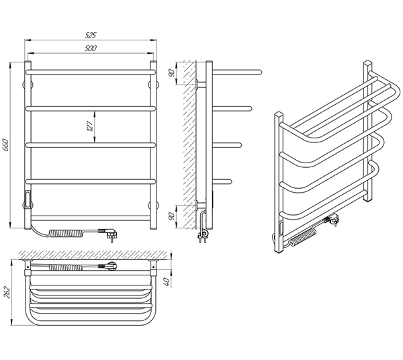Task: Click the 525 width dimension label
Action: (x=91, y=35)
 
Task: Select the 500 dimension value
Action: (x=91, y=48)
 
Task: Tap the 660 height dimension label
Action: (x=6, y=145)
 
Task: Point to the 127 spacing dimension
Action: (x=90, y=126)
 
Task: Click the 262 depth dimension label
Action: (x=7, y=292)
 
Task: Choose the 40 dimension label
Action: (x=167, y=282)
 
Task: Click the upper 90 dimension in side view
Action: (x=172, y=73)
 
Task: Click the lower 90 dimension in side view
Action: (x=172, y=216)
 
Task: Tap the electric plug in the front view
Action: (x=109, y=235)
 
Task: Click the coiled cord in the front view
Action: (x=66, y=233)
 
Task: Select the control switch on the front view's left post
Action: (x=28, y=197)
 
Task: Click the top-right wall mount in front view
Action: (x=153, y=84)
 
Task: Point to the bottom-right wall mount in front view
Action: (x=153, y=205)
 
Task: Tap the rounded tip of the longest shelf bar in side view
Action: (x=260, y=72)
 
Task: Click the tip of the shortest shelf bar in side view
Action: (x=230, y=181)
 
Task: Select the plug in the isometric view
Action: (x=332, y=220)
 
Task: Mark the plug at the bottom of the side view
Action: (x=203, y=235)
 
